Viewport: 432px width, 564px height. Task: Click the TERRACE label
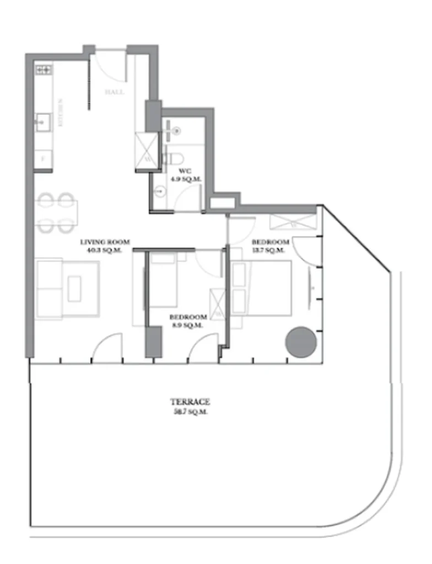click(190, 402)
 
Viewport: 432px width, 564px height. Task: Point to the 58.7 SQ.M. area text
click(190, 412)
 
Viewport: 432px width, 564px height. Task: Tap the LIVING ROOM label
click(105, 241)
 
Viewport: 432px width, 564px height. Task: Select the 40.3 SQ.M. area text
click(105, 251)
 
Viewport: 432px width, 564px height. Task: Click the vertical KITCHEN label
click(61, 112)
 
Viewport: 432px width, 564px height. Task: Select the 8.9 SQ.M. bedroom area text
click(188, 325)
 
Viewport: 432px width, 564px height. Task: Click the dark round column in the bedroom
click(300, 341)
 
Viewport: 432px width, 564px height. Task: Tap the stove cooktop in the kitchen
click(44, 69)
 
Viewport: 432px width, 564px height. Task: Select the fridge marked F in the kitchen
click(43, 158)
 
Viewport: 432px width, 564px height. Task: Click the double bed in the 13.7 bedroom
click(261, 288)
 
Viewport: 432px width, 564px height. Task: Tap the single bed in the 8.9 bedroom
click(164, 280)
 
